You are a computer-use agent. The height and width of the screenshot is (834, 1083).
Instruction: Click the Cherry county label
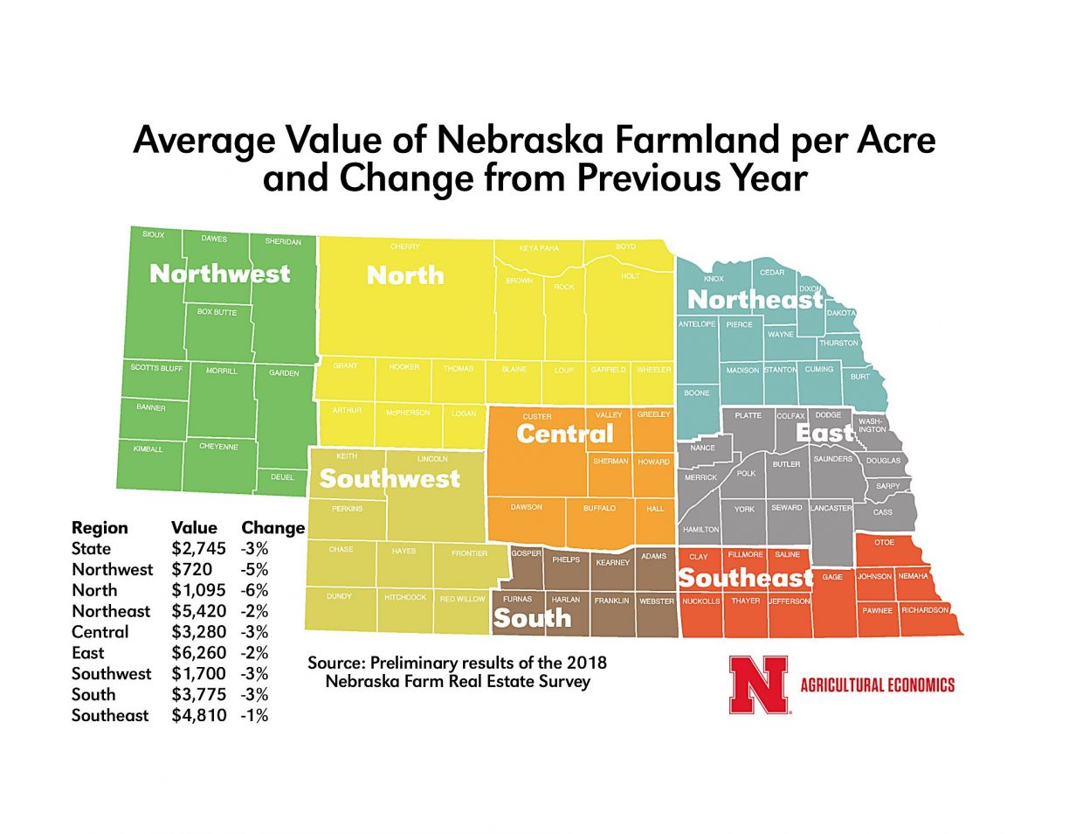tap(405, 247)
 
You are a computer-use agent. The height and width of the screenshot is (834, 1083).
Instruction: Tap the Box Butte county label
tap(217, 312)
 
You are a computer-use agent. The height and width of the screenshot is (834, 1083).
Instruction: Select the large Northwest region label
tap(219, 274)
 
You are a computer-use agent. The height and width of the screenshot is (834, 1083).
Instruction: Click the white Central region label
tap(565, 434)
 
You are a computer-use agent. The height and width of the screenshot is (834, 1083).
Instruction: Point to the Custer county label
tap(537, 417)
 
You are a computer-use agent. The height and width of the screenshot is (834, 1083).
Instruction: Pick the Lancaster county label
tap(831, 508)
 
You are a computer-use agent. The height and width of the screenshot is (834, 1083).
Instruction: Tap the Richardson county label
tap(925, 610)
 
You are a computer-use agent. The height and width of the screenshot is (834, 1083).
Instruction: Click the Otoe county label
tap(884, 543)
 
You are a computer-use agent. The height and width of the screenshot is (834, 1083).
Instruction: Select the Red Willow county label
tap(462, 599)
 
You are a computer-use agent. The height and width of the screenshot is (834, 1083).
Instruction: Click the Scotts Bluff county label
tap(157, 368)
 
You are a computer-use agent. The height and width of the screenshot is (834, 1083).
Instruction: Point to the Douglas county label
tap(883, 461)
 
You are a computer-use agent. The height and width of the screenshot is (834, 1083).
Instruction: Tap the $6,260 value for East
tap(198, 653)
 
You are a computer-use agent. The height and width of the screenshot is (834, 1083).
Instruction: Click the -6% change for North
tap(254, 590)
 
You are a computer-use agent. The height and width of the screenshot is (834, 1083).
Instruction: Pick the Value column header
tap(194, 528)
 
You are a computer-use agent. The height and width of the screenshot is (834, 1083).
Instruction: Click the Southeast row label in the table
tap(110, 716)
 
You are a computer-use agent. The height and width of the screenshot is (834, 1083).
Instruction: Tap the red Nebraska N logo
tap(758, 685)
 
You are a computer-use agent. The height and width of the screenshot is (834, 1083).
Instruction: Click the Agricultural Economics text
tap(877, 685)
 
